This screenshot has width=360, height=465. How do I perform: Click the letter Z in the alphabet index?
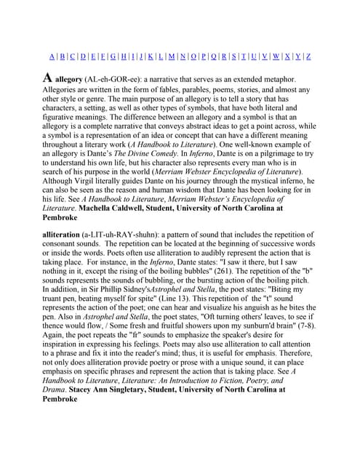point(308,56)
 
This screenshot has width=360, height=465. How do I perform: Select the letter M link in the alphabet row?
point(171,56)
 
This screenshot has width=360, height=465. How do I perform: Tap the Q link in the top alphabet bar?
point(213,56)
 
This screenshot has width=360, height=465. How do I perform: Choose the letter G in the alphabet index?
point(113,56)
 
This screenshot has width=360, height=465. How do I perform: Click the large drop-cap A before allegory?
point(47,78)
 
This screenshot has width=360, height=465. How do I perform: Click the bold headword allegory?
point(69,79)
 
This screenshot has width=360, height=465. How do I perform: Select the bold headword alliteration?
point(65,235)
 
